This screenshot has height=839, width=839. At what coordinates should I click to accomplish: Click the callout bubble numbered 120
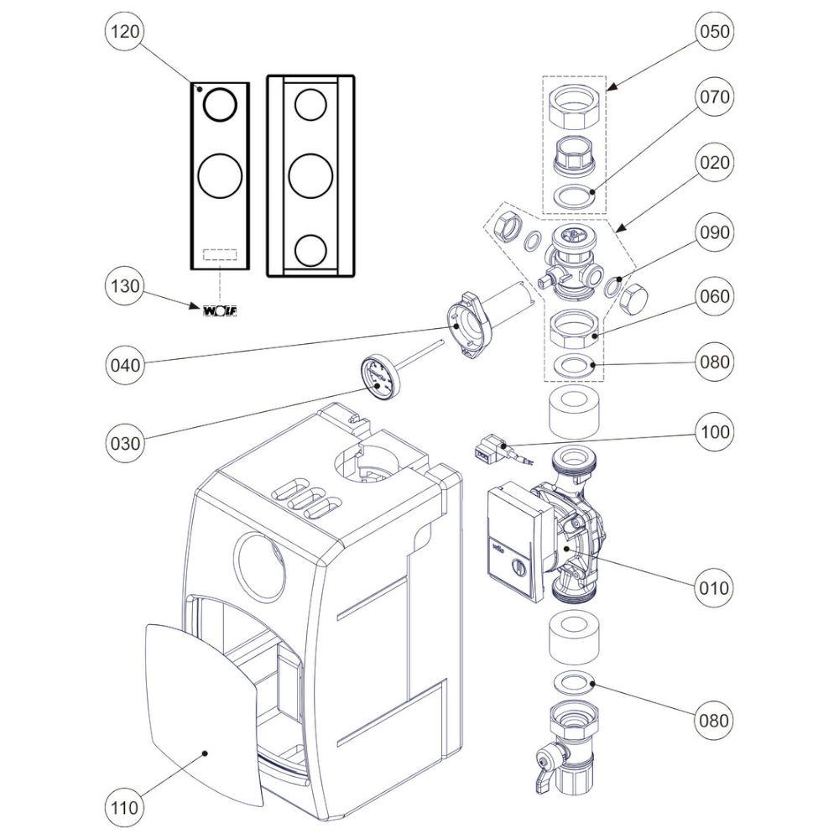[125, 32]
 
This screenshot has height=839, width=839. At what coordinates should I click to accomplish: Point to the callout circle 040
[125, 365]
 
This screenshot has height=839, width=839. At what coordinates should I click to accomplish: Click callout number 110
[125, 809]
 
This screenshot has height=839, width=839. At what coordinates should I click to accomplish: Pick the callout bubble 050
[713, 32]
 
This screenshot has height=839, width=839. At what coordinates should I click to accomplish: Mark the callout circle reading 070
[713, 96]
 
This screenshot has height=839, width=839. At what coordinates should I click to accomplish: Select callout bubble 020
[713, 162]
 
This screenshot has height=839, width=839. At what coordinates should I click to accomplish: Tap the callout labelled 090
[713, 231]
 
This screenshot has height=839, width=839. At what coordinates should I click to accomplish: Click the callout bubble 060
[713, 296]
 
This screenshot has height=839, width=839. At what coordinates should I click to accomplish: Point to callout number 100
[713, 432]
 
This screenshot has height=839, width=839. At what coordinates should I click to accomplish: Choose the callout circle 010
[713, 587]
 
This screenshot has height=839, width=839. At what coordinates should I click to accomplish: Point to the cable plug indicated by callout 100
[490, 451]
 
